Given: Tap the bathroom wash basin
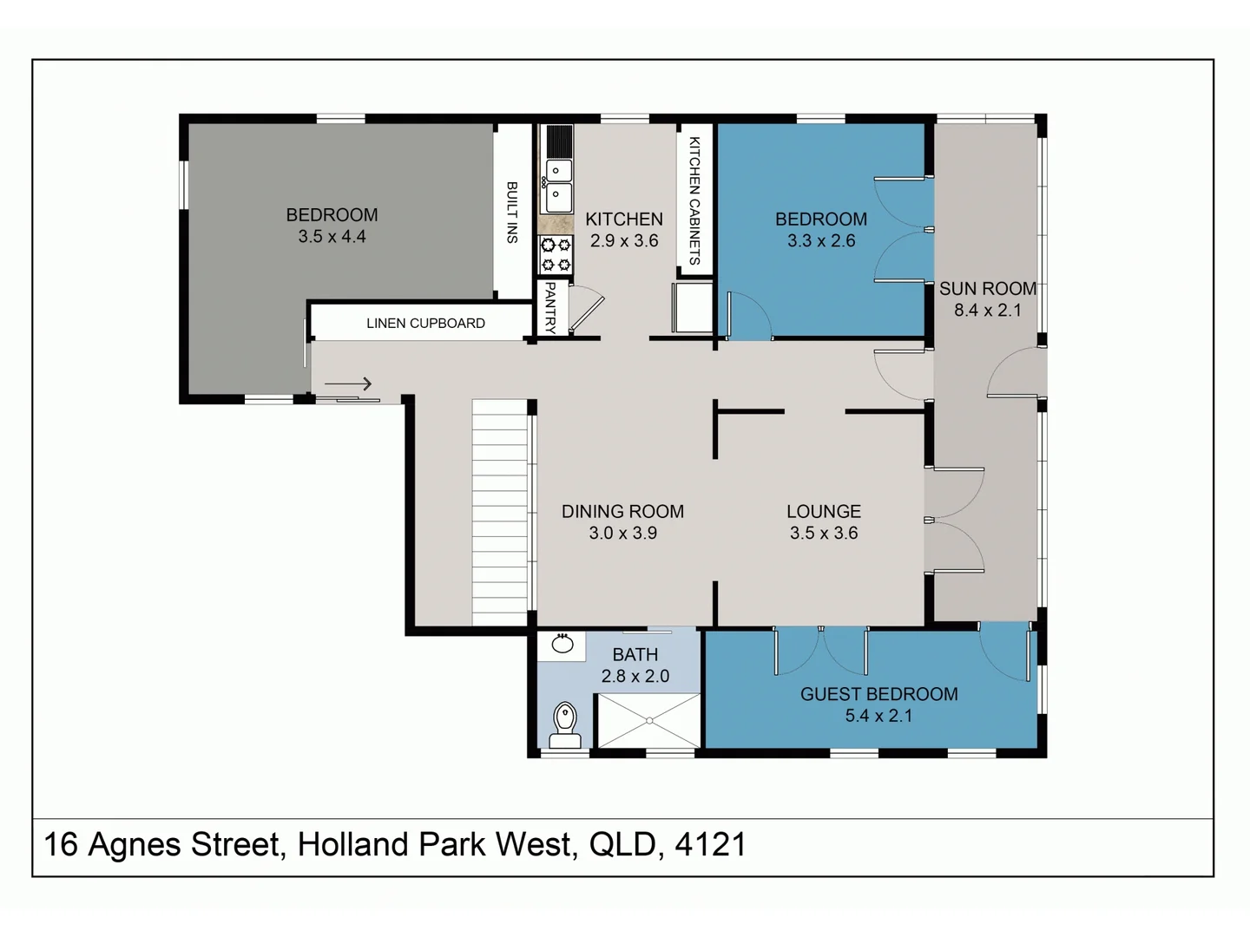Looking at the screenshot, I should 562,644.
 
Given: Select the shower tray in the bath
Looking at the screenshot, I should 648,720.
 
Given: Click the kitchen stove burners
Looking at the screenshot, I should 556,255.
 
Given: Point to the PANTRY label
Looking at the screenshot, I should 550,307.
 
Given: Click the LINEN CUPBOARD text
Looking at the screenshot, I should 425,324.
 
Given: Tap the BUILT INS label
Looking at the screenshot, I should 512,213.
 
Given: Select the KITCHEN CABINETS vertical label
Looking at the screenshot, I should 694,200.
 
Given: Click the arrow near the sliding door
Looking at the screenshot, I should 348,383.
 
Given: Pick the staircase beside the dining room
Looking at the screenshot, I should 499,512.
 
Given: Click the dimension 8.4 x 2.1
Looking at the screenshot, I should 988,311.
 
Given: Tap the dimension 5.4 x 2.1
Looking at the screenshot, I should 878,716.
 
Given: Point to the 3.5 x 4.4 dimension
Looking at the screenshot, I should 332,237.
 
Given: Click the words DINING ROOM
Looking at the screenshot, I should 622,512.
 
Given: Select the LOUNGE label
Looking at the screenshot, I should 824,512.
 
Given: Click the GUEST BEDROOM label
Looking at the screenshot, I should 878,694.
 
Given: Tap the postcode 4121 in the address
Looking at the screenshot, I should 710,844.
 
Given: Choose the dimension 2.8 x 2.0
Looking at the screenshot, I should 635,677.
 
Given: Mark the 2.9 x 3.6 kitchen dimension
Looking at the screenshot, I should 624,241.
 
